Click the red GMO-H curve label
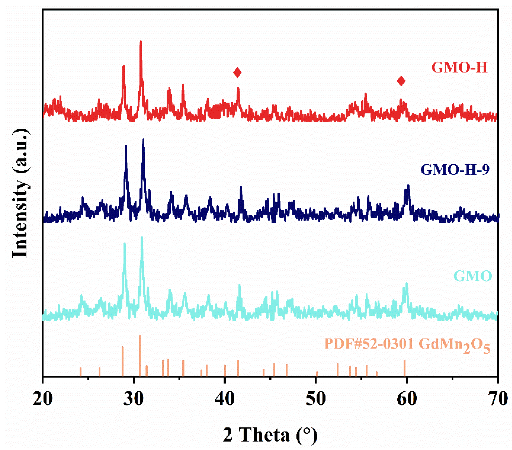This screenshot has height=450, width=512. [460, 68]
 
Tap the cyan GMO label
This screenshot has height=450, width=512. [473, 276]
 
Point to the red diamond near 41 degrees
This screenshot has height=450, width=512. [237, 73]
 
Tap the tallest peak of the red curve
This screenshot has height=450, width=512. [141, 42]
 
